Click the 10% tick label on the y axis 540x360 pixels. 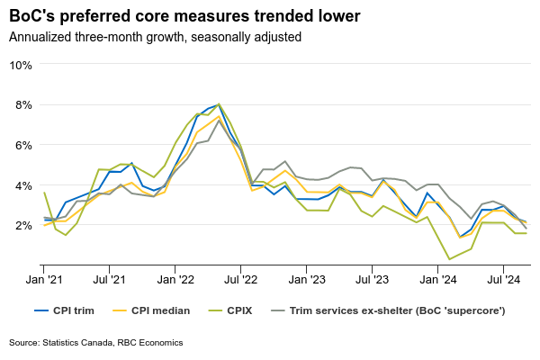pyautogui.click(x=22, y=65)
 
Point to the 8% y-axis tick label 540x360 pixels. pyautogui.click(x=24, y=104)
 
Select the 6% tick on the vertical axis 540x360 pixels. pyautogui.click(x=24, y=145)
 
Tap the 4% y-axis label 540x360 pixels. pyautogui.click(x=24, y=185)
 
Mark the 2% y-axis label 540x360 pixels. pyautogui.click(x=24, y=225)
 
